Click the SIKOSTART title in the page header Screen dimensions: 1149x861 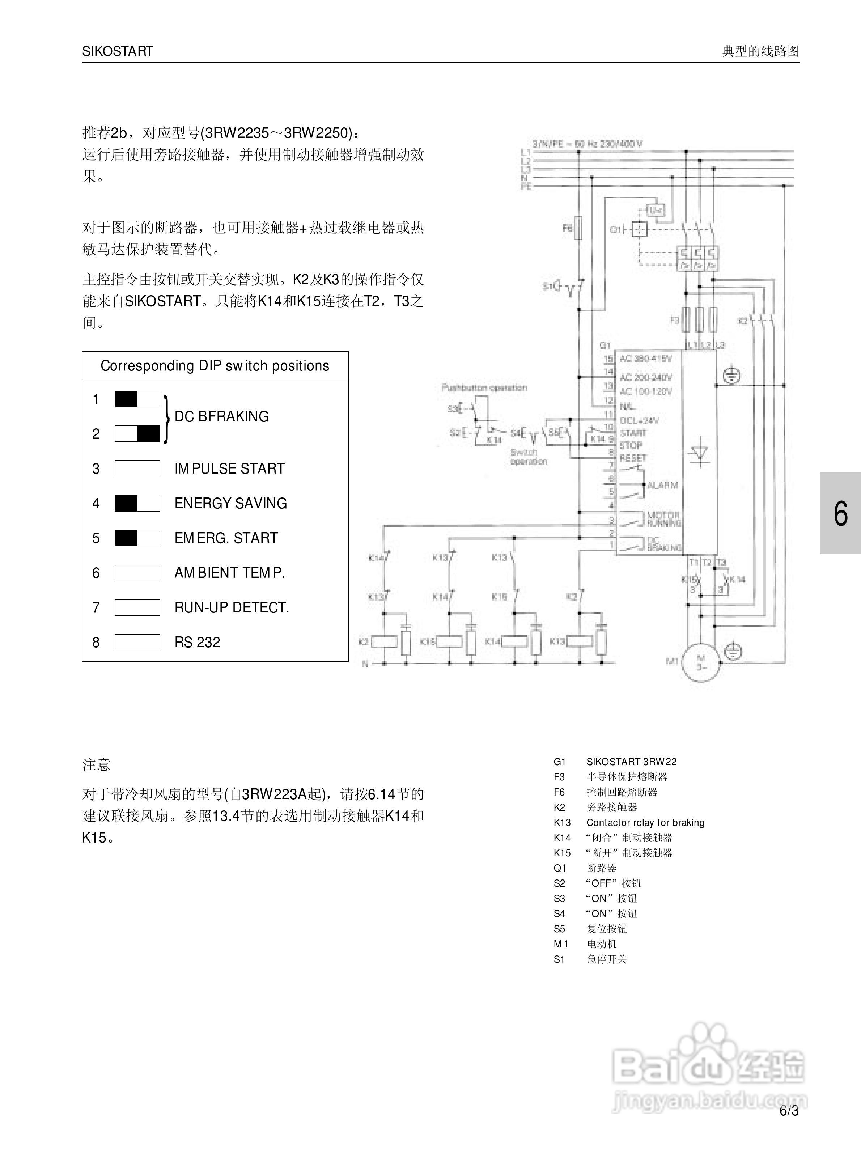point(117,51)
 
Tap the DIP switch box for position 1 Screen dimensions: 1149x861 point(137,399)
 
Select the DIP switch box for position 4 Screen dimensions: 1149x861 point(137,503)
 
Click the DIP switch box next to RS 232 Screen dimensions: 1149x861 point(137,642)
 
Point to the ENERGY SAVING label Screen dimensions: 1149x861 point(230,503)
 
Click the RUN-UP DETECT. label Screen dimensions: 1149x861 point(232,607)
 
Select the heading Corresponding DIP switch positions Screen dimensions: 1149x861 point(215,366)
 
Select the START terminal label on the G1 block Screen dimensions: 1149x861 point(633,433)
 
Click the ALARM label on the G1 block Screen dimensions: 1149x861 point(663,485)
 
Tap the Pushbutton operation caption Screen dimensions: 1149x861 point(484,387)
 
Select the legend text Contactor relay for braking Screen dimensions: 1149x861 point(645,822)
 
